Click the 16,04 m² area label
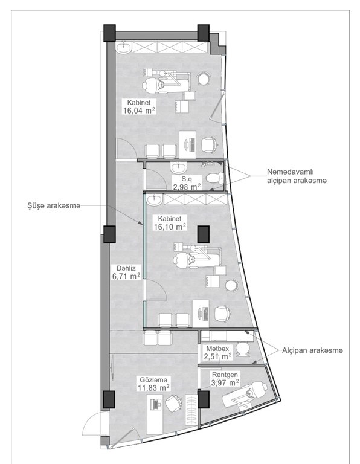[140, 111]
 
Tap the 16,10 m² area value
[170, 227]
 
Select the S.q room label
[187, 179]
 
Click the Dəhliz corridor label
[126, 268]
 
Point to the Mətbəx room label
[217, 349]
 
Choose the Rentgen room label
[225, 375]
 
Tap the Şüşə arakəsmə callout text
[54, 206]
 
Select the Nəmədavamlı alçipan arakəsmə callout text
[297, 176]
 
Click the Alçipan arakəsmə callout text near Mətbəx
[312, 350]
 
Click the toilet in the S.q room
[215, 178]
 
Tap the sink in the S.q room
[178, 167]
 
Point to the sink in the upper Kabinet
[123, 48]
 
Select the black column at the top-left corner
[109, 33]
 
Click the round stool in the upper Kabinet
[204, 79]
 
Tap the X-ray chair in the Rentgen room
[245, 395]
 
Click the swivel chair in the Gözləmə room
[173, 403]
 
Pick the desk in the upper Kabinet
[187, 145]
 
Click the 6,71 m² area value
[126, 276]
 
